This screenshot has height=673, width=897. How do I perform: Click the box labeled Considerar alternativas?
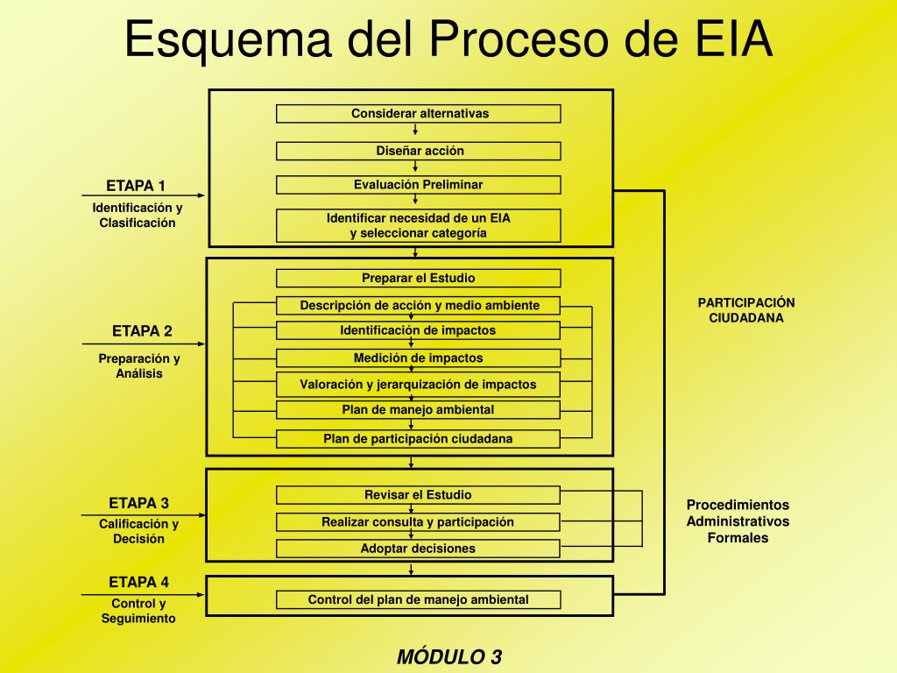pyautogui.click(x=419, y=114)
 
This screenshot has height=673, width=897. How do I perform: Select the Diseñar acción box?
pyautogui.click(x=419, y=151)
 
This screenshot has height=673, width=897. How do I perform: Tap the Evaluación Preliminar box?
pyautogui.click(x=419, y=185)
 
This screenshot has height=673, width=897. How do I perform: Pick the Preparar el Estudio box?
pyautogui.click(x=419, y=279)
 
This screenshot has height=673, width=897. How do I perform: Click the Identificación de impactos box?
pyautogui.click(x=419, y=330)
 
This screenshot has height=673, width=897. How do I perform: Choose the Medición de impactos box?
pyautogui.click(x=419, y=358)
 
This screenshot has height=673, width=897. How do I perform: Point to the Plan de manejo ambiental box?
pyautogui.click(x=419, y=410)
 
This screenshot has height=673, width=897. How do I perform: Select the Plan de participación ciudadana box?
pyautogui.click(x=419, y=439)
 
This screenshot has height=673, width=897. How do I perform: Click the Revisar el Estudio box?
pyautogui.click(x=419, y=495)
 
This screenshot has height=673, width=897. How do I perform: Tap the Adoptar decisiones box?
pyautogui.click(x=419, y=549)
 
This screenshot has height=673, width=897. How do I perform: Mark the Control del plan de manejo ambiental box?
pyautogui.click(x=419, y=600)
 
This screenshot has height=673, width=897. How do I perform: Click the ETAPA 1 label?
pyautogui.click(x=136, y=186)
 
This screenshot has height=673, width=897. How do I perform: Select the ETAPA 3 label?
pyautogui.click(x=138, y=503)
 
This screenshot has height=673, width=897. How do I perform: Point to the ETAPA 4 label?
pyautogui.click(x=138, y=582)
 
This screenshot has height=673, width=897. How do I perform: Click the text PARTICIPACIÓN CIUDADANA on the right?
pyautogui.click(x=746, y=310)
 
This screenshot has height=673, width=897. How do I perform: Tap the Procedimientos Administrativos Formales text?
pyautogui.click(x=738, y=521)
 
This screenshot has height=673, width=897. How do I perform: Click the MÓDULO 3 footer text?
pyautogui.click(x=449, y=657)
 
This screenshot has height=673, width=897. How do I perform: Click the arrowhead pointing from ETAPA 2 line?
pyautogui.click(x=201, y=344)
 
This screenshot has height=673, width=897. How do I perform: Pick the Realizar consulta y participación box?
pyautogui.click(x=419, y=522)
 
